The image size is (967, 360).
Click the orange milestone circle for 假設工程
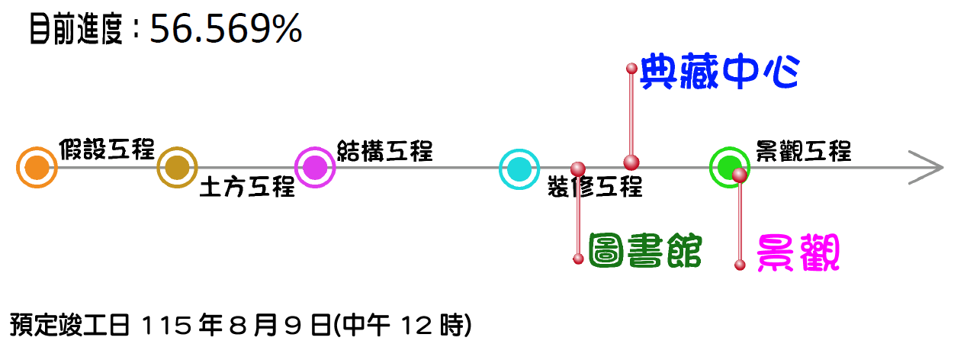tap(37, 168)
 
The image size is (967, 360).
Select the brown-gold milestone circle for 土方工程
tap(177, 168)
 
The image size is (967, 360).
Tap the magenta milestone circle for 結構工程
tap(315, 168)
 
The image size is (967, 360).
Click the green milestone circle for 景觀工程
tap(729, 166)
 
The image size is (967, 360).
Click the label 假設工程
tap(107, 149)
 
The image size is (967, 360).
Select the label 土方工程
tap(246, 187)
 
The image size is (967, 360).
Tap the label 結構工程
tap(384, 150)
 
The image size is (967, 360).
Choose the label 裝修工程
tap(595, 187)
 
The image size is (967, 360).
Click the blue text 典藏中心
tap(719, 72)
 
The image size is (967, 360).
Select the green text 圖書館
tap(644, 252)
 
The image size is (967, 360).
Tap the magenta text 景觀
tap(798, 254)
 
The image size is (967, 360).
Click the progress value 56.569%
tap(226, 31)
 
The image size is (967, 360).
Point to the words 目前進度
tap(75, 31)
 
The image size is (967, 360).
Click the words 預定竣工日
tap(72, 326)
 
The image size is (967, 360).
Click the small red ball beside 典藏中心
tap(631, 68)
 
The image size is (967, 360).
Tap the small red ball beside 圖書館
tap(578, 259)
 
